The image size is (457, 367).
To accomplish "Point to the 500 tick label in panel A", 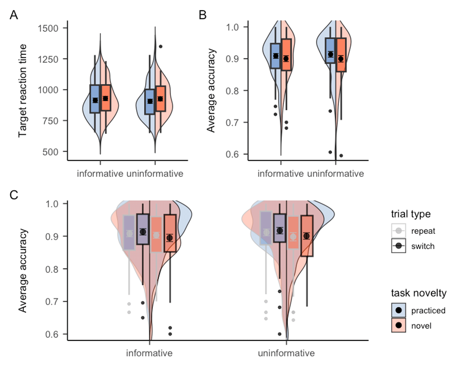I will point(53,151).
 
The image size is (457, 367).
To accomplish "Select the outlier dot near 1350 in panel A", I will point(160,46).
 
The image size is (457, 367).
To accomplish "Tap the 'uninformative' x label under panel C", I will point(286,353).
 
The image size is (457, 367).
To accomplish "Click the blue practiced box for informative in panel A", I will point(95,99).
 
